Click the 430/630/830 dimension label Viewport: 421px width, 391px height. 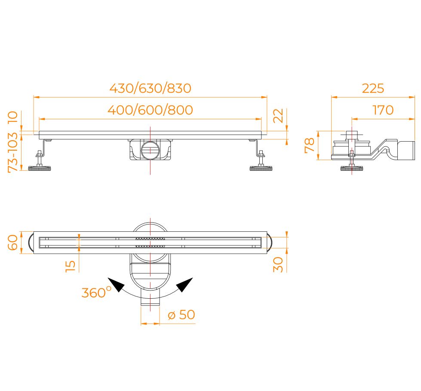(151, 88)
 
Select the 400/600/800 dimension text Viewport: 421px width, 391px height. (151, 110)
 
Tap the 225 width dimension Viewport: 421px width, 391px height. (373, 88)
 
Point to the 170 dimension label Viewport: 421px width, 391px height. (383, 110)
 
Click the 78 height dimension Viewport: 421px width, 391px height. (310, 145)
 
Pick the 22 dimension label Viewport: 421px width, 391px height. (278, 116)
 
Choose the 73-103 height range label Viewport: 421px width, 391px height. (12, 152)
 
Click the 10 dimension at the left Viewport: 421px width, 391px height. (12, 117)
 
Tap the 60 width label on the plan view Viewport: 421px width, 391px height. (12, 242)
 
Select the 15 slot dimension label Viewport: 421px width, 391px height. (71, 266)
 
